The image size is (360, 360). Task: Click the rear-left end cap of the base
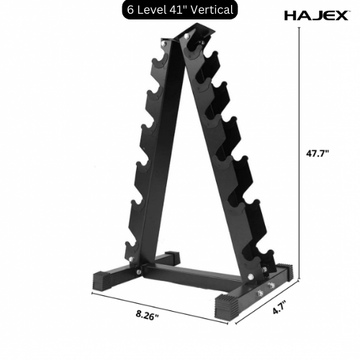[171, 256]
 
